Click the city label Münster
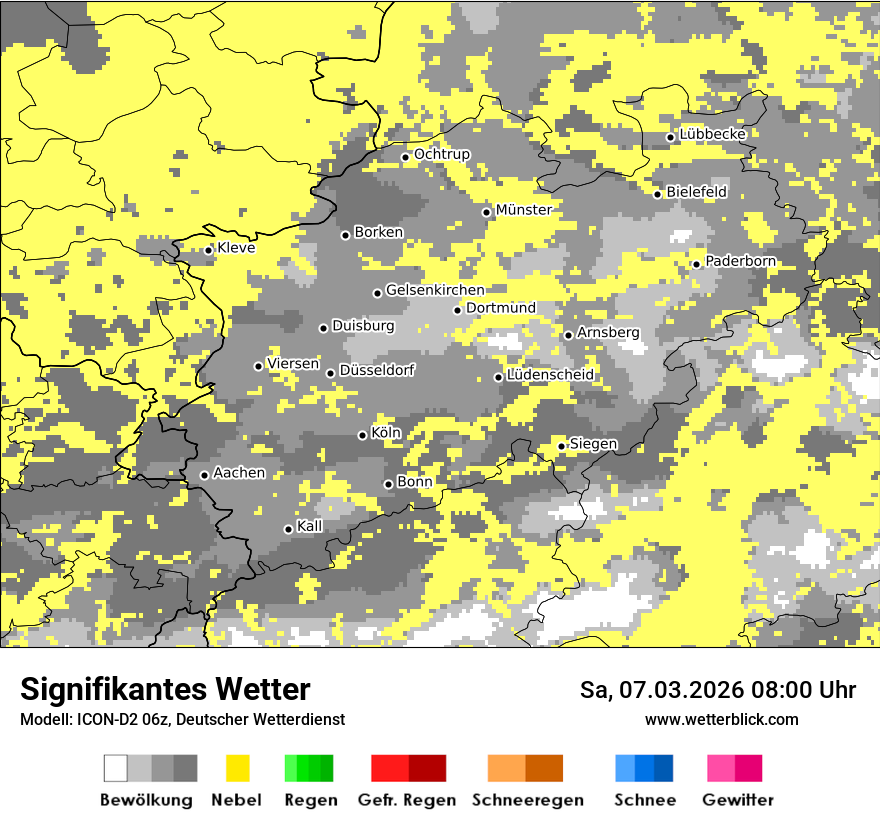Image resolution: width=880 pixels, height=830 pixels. [x=523, y=210]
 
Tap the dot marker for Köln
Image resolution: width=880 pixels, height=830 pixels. [x=363, y=435]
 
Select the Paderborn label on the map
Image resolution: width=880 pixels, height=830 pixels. [x=740, y=261]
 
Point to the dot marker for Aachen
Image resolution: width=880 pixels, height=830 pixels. [x=205, y=475]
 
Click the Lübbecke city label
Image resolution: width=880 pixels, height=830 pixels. [x=712, y=134]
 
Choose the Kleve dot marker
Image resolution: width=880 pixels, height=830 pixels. [x=209, y=250]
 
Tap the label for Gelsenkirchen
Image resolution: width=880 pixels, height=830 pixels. [x=435, y=290]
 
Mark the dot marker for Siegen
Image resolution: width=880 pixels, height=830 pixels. [x=562, y=446]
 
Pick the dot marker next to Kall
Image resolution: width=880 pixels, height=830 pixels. [x=289, y=529]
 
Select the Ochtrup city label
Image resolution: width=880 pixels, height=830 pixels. [x=442, y=154]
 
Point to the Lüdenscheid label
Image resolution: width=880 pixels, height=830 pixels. [x=550, y=375]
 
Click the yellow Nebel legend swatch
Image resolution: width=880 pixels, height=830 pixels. [x=237, y=768]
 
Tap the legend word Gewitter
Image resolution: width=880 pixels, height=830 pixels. [x=738, y=800]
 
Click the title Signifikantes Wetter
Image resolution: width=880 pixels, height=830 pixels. [x=165, y=690]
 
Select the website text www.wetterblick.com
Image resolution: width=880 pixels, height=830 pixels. [x=721, y=720]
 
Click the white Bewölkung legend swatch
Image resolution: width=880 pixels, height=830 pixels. [x=116, y=768]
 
